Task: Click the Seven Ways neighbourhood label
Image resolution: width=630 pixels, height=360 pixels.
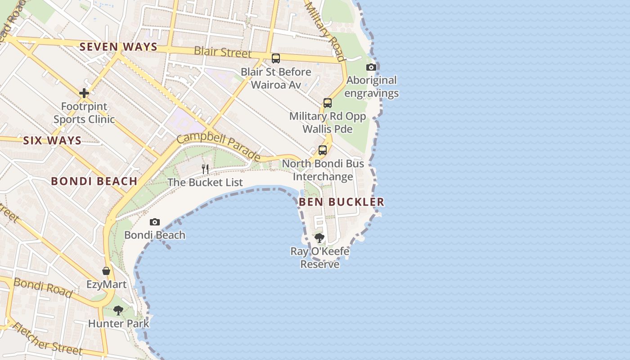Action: (118, 47)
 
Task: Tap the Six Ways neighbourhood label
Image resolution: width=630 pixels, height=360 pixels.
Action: (52, 140)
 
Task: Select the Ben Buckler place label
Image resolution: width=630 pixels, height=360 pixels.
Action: (342, 202)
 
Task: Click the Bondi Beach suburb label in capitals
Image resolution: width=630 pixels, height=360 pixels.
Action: (94, 181)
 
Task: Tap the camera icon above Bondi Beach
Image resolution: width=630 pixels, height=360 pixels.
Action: (155, 222)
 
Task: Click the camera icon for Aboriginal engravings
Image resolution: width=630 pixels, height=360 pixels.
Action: (371, 67)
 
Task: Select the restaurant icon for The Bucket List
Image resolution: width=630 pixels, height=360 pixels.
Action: (205, 169)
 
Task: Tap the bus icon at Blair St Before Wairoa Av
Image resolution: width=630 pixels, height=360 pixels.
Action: (276, 58)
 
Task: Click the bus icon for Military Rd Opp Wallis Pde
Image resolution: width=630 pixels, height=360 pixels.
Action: (328, 103)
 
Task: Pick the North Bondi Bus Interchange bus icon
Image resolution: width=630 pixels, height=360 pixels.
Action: (323, 150)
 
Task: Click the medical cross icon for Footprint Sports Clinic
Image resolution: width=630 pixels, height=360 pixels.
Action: (84, 93)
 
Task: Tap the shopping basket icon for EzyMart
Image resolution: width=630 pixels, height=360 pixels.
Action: (106, 271)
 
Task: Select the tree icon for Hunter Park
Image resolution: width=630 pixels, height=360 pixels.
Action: (118, 310)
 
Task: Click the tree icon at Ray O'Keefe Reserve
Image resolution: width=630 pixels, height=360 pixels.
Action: (319, 238)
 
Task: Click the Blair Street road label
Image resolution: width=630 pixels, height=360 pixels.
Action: (222, 52)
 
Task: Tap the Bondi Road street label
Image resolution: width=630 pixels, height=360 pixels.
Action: (43, 288)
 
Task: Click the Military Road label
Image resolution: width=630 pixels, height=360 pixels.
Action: (325, 31)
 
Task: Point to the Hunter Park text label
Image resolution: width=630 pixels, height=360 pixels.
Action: (118, 324)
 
